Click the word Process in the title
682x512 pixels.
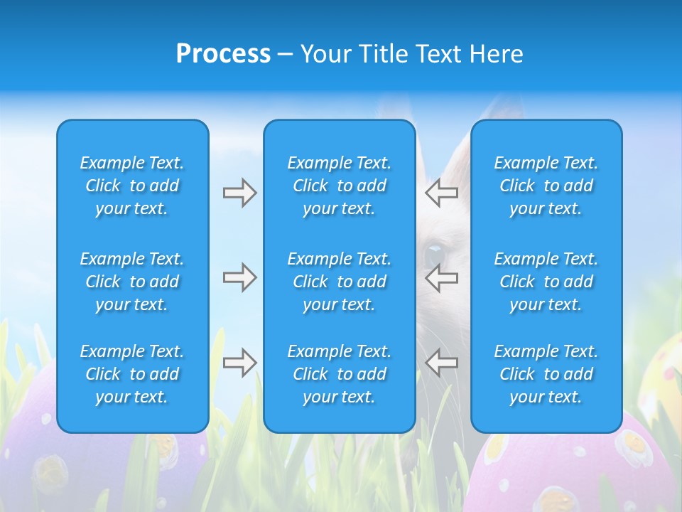click(x=223, y=54)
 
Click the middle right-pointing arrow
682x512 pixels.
click(x=239, y=277)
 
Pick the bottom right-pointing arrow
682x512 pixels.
click(x=239, y=363)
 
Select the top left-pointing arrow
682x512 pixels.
click(x=441, y=192)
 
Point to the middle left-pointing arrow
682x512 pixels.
click(x=441, y=277)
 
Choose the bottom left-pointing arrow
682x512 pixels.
click(x=441, y=362)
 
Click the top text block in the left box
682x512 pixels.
click(x=132, y=186)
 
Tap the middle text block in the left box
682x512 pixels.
click(x=132, y=282)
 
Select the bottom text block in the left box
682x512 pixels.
click(x=132, y=374)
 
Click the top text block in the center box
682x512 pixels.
click(x=339, y=186)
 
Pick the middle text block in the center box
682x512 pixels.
click(x=339, y=282)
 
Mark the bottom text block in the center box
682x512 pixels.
click(x=339, y=374)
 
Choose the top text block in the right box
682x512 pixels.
click(x=546, y=186)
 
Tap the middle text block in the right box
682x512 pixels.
click(x=546, y=282)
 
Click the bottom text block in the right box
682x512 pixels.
click(x=546, y=374)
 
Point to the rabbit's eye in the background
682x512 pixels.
click(x=433, y=254)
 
